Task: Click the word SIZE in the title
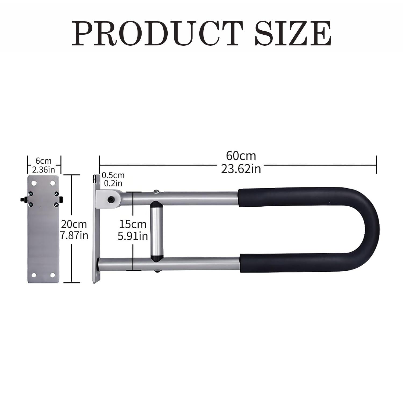click(x=293, y=34)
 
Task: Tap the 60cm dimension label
click(x=241, y=156)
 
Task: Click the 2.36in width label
click(x=44, y=170)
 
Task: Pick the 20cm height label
click(x=74, y=224)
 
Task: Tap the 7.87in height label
click(x=74, y=235)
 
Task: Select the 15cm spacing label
click(x=133, y=224)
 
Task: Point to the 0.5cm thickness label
click(x=113, y=175)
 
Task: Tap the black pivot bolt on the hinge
click(x=110, y=199)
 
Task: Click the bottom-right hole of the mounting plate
click(x=53, y=275)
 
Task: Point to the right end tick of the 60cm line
click(x=376, y=164)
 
